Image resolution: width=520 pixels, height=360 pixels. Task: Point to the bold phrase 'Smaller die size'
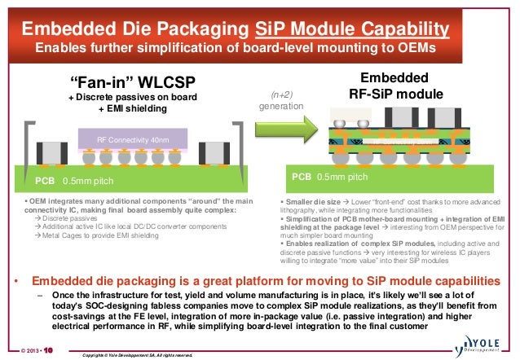pyautogui.click(x=311, y=200)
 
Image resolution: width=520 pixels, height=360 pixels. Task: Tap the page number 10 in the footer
pyautogui.click(x=47, y=352)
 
